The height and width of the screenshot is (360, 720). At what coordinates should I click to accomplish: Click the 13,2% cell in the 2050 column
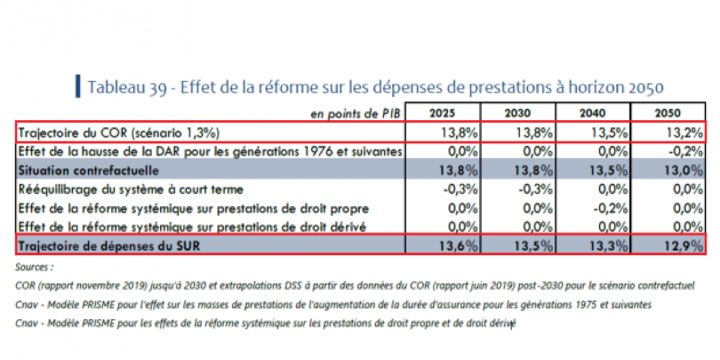click(x=685, y=132)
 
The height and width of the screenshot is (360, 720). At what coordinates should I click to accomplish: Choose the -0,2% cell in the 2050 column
click(x=685, y=151)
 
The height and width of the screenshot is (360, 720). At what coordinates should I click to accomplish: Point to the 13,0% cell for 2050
click(x=685, y=169)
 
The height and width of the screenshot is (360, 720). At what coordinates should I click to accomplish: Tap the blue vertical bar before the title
click(x=78, y=86)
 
